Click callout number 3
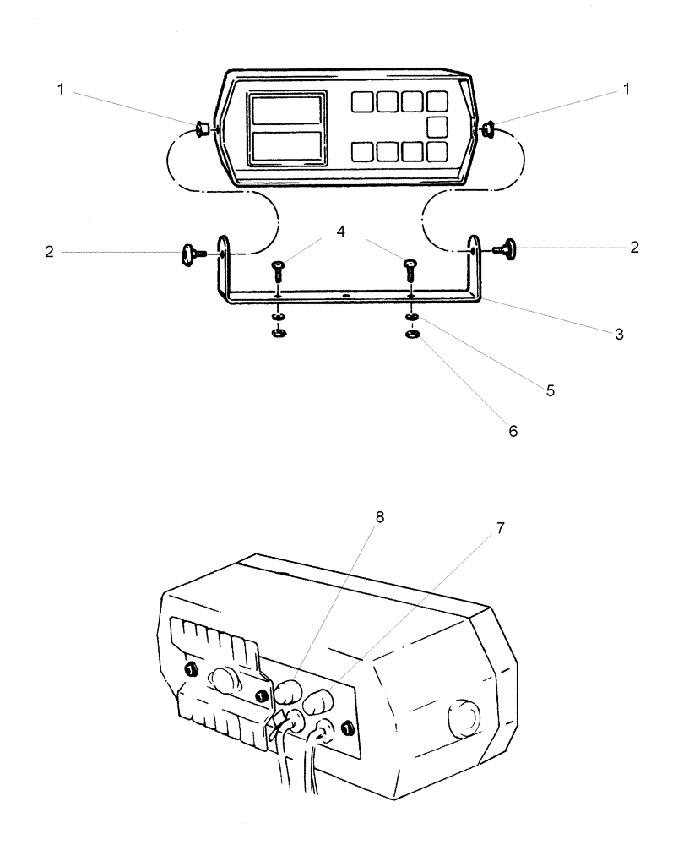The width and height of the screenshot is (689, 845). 619,335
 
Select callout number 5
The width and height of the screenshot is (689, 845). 551,392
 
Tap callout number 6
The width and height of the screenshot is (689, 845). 512,431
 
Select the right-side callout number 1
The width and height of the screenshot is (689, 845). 625,89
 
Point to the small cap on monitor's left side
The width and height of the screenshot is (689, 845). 203,129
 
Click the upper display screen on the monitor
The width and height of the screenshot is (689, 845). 286,112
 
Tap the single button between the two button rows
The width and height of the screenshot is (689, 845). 437,128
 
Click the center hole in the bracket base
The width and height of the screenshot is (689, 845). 345,297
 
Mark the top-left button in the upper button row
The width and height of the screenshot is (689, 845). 362,102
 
